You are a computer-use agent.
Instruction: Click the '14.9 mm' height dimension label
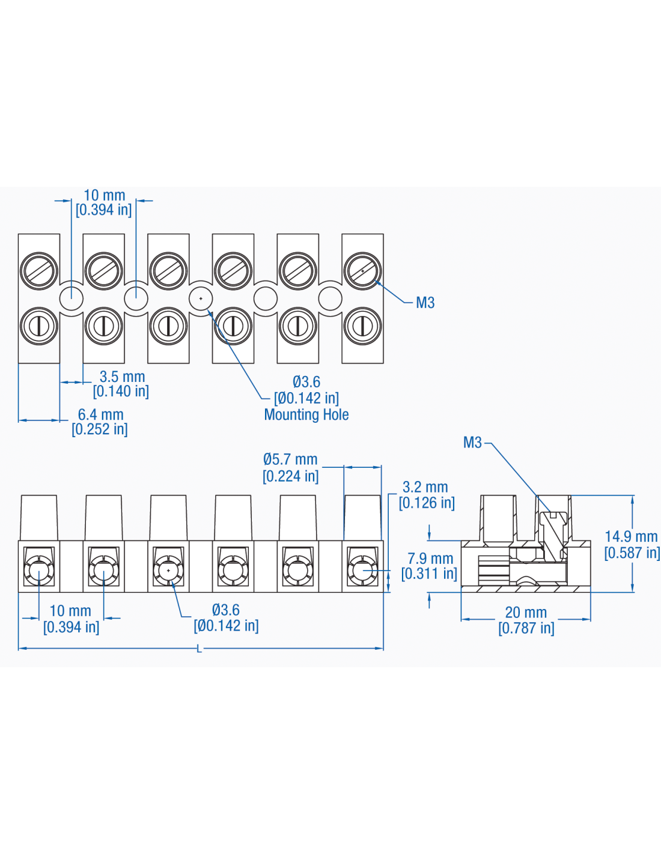(x=631, y=536)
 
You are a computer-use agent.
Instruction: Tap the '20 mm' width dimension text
(x=526, y=613)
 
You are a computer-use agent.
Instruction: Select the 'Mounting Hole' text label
(x=306, y=414)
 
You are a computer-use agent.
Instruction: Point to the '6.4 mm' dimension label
(x=100, y=415)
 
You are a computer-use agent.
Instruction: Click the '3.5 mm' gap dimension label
(x=122, y=377)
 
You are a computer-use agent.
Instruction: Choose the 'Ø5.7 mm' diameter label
(x=290, y=459)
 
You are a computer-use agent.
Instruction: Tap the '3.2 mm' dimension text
(x=425, y=487)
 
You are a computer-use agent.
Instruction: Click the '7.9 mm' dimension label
(x=430, y=559)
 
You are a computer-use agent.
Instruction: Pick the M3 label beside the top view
(x=425, y=303)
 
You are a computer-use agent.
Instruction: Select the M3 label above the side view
(x=472, y=443)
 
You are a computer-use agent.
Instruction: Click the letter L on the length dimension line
(x=200, y=649)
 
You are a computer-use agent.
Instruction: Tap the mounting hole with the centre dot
(x=201, y=298)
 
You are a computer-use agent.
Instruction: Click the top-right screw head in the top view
(x=362, y=271)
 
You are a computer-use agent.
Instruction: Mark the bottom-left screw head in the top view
(x=39, y=326)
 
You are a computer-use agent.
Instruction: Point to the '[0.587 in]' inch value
(x=632, y=553)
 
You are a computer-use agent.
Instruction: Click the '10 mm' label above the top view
(x=105, y=196)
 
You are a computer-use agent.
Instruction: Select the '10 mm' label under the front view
(x=70, y=611)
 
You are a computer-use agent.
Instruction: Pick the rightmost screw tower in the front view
(x=362, y=518)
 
